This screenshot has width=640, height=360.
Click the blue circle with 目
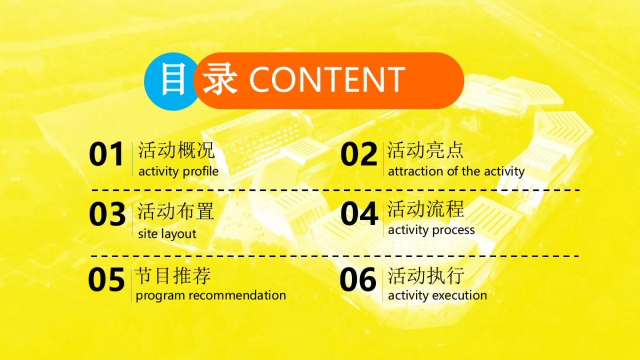click(x=171, y=82)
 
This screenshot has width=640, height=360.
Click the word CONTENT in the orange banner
click(x=327, y=79)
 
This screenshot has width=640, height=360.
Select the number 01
click(x=106, y=154)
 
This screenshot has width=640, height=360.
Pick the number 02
click(x=359, y=154)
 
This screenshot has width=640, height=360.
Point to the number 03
click(x=107, y=214)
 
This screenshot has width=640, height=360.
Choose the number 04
click(x=359, y=213)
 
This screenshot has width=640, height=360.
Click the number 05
click(x=106, y=279)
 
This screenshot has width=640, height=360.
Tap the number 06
click(x=358, y=279)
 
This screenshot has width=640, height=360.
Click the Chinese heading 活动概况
click(x=177, y=150)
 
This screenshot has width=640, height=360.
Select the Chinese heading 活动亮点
click(x=425, y=150)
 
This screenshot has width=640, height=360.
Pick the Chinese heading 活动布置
click(x=175, y=211)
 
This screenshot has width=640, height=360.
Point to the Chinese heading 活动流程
click(x=426, y=209)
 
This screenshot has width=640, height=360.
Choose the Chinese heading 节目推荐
click(x=173, y=276)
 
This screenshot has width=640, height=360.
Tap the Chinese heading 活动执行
click(x=426, y=276)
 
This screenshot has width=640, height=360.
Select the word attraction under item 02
click(x=415, y=171)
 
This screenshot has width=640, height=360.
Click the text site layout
click(x=167, y=234)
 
